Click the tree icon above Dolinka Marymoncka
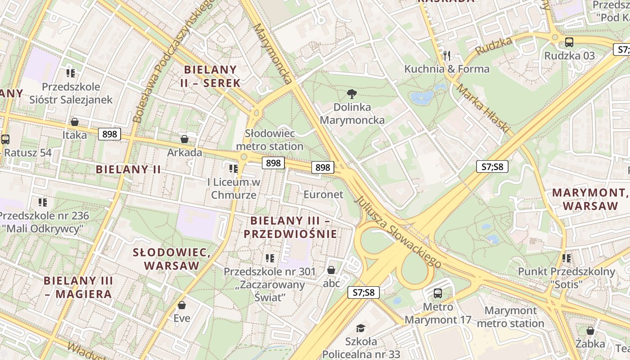coord(352,94)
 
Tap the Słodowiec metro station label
coord(270,140)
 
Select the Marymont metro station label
coord(510,317)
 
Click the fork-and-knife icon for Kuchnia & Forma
coord(447,56)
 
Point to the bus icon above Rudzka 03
coord(569,43)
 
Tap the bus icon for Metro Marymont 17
coord(437,294)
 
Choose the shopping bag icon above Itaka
coord(75,122)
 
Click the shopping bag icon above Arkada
coord(184,139)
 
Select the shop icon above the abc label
coord(331,270)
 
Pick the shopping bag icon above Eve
coord(182,305)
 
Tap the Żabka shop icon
coord(590,331)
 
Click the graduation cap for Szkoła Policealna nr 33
coord(361,328)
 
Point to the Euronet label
coord(323,194)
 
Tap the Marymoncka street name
coord(273,54)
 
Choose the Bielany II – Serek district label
coord(211,76)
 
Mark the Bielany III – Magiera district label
coord(77,287)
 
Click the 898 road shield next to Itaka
coord(109,134)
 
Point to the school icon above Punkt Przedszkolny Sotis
coord(567,258)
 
